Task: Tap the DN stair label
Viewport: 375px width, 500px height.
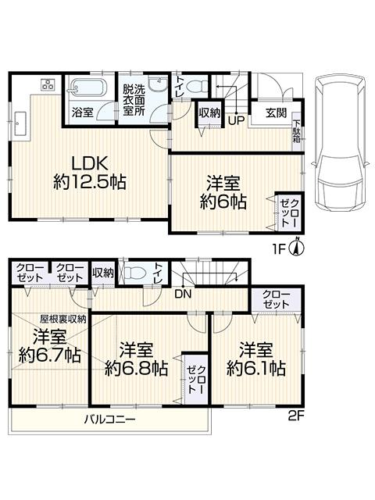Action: (182, 294)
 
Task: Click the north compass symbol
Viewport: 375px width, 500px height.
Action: (296, 248)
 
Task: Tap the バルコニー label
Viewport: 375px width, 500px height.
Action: (111, 420)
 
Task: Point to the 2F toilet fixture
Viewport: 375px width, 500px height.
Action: (137, 273)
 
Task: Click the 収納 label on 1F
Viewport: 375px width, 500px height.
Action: (208, 113)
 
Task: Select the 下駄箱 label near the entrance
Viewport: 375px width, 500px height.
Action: (297, 128)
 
